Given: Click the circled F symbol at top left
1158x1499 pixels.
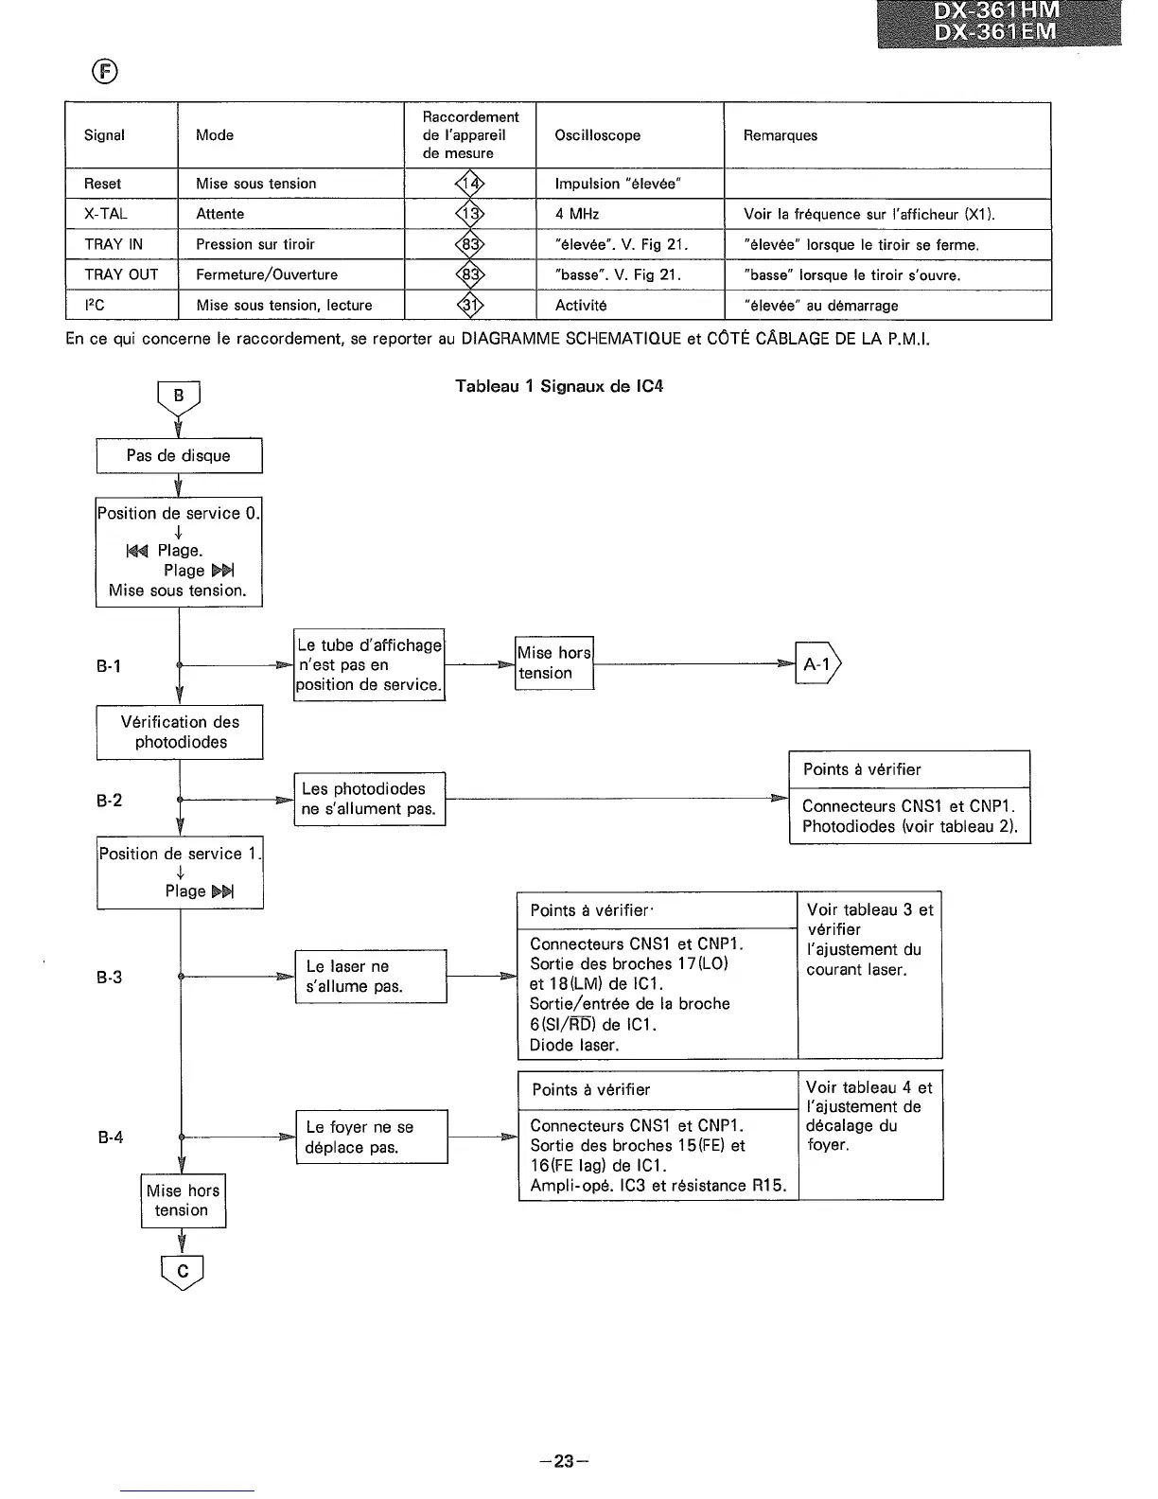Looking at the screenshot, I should click(104, 72).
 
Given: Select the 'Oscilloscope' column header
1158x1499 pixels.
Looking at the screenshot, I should click(597, 135).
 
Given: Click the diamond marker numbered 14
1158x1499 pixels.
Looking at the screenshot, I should click(470, 184).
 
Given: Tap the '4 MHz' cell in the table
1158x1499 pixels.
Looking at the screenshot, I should click(577, 214).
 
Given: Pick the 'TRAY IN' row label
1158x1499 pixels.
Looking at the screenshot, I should click(114, 244).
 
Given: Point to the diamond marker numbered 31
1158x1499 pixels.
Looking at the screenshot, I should click(470, 305).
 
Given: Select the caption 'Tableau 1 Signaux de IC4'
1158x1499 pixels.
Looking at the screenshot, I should click(559, 386).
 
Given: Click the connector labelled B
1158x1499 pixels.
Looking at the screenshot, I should click(179, 397).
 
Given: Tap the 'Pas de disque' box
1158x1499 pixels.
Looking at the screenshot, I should click(179, 455).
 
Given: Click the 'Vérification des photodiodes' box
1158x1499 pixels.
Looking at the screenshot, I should click(180, 732).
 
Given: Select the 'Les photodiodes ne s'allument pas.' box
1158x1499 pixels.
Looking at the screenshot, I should click(369, 799).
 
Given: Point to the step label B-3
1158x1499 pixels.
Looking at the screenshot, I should click(110, 977).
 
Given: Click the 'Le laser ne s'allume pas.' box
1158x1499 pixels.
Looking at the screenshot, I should click(370, 976).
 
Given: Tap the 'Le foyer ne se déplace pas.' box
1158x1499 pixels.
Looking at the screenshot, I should click(371, 1137).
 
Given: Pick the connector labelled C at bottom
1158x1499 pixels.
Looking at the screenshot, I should click(183, 1272).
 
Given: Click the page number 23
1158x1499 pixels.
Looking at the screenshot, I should click(564, 1461).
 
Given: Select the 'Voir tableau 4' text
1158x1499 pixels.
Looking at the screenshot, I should click(868, 1087).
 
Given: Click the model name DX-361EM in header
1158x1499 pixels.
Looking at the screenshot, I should click(996, 32).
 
